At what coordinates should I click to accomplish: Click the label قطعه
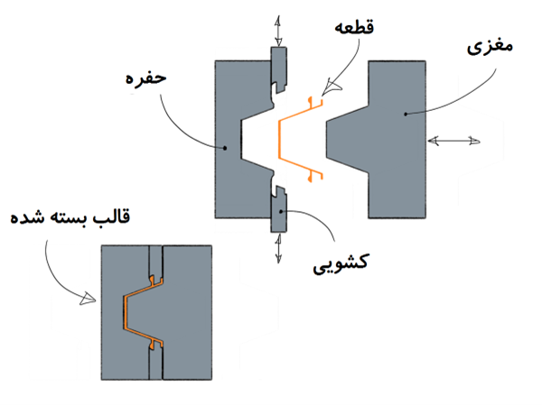pyautogui.click(x=354, y=28)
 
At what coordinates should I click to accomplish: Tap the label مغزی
pyautogui.click(x=490, y=47)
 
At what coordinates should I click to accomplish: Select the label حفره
pyautogui.click(x=145, y=78)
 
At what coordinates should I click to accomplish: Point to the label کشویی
pyautogui.click(x=341, y=263)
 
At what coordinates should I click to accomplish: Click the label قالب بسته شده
pyautogui.click(x=70, y=217)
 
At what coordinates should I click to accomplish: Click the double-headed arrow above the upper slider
pyautogui.click(x=278, y=31)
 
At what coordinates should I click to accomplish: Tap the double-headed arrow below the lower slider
pyautogui.click(x=278, y=248)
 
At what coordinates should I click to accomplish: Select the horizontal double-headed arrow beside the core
pyautogui.click(x=453, y=141)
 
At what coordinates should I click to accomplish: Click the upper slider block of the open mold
pyautogui.click(x=278, y=69)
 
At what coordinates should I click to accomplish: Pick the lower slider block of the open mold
pyautogui.click(x=278, y=210)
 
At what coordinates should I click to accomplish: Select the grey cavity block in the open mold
pyautogui.click(x=229, y=140)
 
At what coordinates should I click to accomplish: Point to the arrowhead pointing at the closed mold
pyautogui.click(x=88, y=299)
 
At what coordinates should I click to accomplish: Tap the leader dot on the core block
pyautogui.click(x=406, y=114)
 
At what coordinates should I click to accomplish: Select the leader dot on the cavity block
pyautogui.click(x=225, y=148)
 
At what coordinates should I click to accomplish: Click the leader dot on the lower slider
pyautogui.click(x=282, y=211)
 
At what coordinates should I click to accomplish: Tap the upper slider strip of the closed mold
pyautogui.click(x=156, y=261)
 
